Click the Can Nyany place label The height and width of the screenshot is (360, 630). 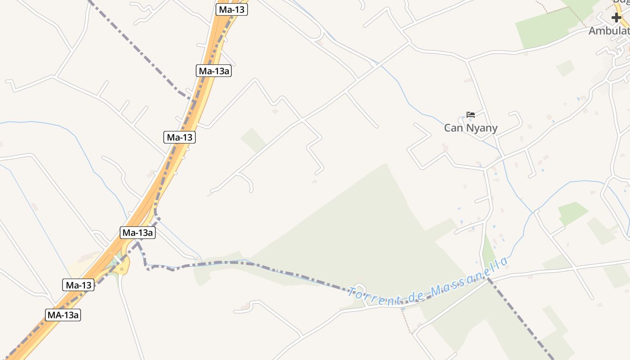coord(471,128)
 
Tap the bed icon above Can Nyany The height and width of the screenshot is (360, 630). coord(471,115)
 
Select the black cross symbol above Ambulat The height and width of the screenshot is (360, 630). coord(616,18)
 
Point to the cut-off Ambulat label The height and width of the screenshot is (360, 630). coord(609,31)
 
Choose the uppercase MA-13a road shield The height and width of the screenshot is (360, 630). coord(63,315)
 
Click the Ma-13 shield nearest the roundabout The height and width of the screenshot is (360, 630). coord(78,285)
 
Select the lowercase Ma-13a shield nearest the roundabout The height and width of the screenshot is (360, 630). coord(138,233)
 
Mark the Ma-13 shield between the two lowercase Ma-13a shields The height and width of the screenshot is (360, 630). coord(180,137)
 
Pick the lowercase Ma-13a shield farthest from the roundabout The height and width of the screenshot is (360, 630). coord(214,71)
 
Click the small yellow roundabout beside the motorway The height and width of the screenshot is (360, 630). coord(121,269)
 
